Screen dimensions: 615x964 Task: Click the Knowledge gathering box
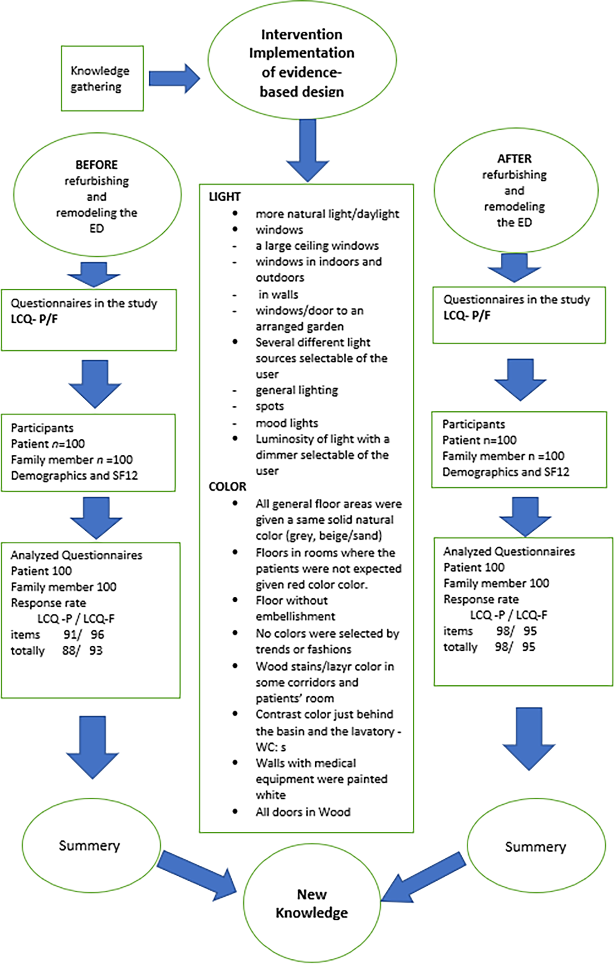coord(102,78)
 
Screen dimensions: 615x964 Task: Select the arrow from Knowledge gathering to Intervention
coord(174,78)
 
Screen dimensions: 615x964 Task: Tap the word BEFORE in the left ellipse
coord(97,164)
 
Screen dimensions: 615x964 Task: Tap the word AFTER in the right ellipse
coord(514,159)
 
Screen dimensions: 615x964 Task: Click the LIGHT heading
coord(225,196)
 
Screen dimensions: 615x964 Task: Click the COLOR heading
coord(227,487)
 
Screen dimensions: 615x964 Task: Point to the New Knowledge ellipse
coord(312,905)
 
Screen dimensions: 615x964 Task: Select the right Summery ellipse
coord(536,846)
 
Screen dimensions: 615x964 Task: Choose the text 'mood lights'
coord(287,423)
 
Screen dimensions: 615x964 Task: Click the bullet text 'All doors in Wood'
coord(303,812)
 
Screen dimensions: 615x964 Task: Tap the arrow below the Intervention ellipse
coord(307,151)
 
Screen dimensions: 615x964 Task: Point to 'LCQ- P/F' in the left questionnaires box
coord(34,319)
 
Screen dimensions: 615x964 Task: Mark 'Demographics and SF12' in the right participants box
coord(506,472)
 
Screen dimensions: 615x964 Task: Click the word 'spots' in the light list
coord(270,406)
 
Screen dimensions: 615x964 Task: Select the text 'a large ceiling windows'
coord(317,245)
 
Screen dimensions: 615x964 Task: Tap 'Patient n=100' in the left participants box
coord(48,443)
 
